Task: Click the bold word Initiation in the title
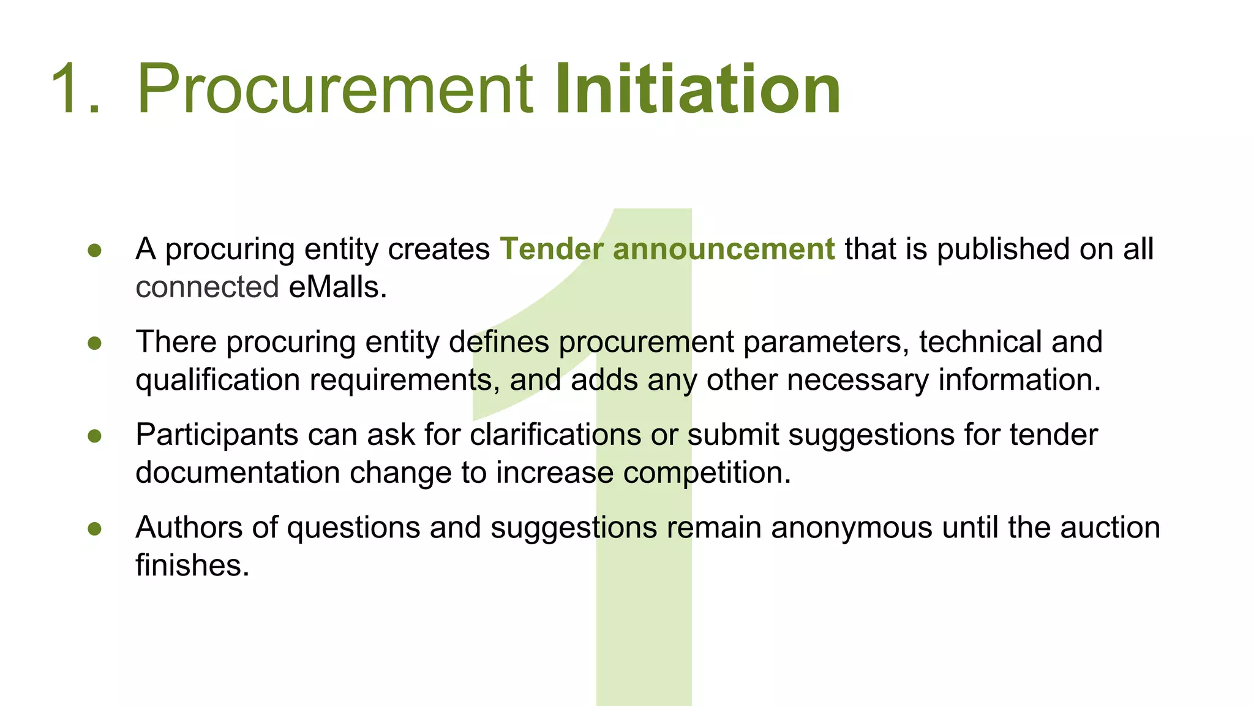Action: coord(697,89)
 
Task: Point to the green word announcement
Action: coord(724,249)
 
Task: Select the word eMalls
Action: coord(337,287)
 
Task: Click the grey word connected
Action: coord(207,287)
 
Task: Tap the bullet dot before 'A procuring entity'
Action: coord(94,250)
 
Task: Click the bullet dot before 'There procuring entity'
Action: coord(94,343)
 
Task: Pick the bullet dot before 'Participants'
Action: coord(94,436)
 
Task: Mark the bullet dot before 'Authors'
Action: coord(94,528)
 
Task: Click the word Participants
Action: coord(217,435)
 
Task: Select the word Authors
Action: coord(189,528)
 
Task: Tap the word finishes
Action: coord(192,565)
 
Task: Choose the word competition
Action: coord(707,473)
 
